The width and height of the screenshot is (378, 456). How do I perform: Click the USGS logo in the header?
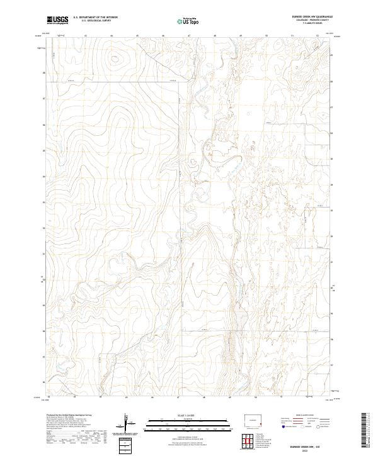point(57,21)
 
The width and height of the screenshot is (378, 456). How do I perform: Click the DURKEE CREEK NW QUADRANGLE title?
point(312,17)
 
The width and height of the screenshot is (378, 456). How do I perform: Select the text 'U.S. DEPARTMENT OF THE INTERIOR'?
point(95,18)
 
